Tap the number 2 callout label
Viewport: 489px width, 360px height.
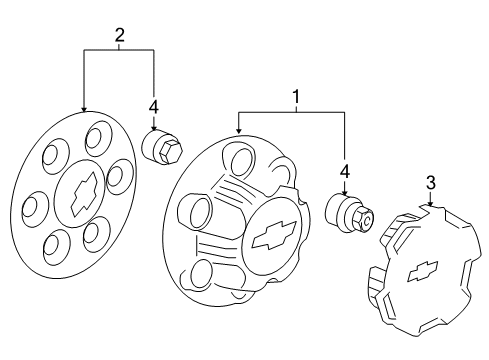120,35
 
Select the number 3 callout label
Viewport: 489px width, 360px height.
430,182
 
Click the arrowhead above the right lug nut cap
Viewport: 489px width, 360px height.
344,193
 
